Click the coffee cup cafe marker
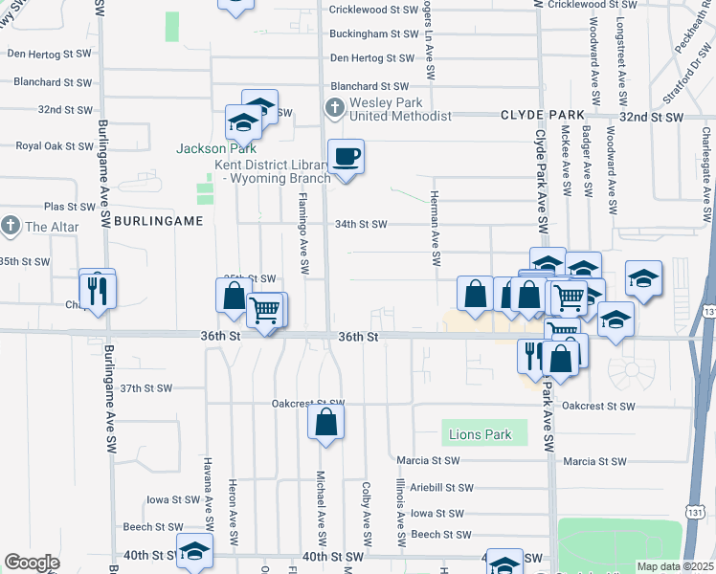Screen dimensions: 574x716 pyautogui.click(x=346, y=156)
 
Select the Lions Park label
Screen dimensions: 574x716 pyautogui.click(x=480, y=435)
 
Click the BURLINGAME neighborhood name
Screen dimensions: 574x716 pyautogui.click(x=158, y=220)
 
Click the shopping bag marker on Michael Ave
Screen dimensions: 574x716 pyautogui.click(x=325, y=422)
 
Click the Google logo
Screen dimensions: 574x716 pyautogui.click(x=32, y=563)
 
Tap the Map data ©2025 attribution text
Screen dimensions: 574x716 pyautogui.click(x=675, y=566)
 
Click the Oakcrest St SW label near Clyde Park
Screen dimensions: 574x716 pyautogui.click(x=598, y=407)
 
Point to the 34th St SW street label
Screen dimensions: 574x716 pyautogui.click(x=360, y=225)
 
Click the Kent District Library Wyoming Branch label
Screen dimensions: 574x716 pyautogui.click(x=271, y=172)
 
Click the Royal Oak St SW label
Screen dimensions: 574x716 pyautogui.click(x=54, y=146)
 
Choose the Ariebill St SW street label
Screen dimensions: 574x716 pyautogui.click(x=435, y=487)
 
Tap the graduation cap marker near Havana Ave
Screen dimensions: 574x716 pyautogui.click(x=194, y=551)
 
